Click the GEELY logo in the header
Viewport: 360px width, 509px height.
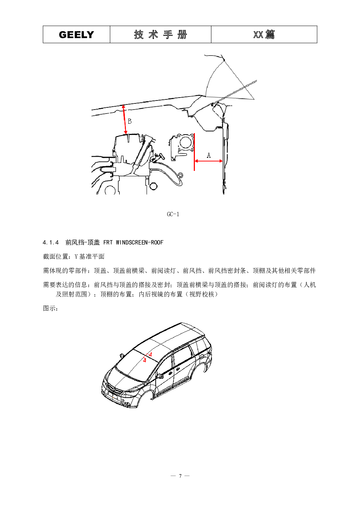pos(76,34)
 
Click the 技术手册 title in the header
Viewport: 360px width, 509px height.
pos(160,34)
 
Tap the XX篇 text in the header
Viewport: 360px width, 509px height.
pos(264,34)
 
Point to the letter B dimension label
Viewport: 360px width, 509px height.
pos(130,121)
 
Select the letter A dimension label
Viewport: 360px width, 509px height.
pos(209,155)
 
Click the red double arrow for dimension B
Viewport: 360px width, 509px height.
pos(124,119)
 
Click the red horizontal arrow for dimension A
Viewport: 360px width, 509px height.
pos(209,161)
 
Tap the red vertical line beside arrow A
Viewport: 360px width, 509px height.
pos(194,152)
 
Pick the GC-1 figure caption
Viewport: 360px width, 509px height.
pos(173,214)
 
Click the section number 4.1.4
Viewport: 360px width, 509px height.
pos(51,242)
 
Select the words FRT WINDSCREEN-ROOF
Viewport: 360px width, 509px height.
pos(134,242)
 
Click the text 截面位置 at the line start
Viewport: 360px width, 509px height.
pos(56,256)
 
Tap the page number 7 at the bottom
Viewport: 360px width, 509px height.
pos(180,476)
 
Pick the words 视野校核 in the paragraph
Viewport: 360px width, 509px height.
pos(202,294)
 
